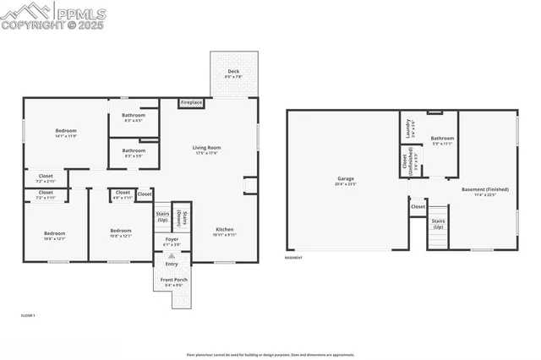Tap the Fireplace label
click(191, 102)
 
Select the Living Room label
click(206, 148)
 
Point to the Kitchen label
click(224, 230)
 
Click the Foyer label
click(172, 242)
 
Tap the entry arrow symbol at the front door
click(172, 255)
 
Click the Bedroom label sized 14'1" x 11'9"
click(66, 130)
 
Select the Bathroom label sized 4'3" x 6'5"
click(134, 116)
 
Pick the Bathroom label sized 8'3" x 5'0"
click(134, 152)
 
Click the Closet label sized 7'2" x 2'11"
click(46, 176)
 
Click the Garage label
click(345, 178)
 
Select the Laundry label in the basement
click(408, 128)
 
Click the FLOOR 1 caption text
click(28, 315)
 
